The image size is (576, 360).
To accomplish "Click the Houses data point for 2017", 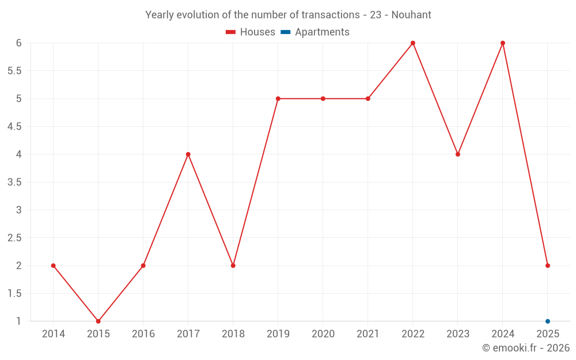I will point(188,154).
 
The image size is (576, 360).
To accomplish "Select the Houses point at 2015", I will point(98,321).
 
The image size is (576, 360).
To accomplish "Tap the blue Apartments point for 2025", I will point(548,321).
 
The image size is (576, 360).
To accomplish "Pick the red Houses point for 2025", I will point(548,266).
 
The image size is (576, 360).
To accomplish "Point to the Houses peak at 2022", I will point(413,43).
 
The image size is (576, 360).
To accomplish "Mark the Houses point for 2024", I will point(503,43).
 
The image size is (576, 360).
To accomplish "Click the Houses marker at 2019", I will point(278,98).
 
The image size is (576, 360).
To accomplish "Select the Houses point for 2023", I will point(458,154).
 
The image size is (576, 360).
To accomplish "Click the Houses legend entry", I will point(251,32).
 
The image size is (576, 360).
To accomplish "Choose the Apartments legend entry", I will point(315,32).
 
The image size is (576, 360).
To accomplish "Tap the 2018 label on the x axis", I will point(233,334).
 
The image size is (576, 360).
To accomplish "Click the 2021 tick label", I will point(367,334).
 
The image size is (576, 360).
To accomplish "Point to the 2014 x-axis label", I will point(53,334).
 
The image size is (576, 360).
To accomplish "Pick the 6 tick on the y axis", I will point(18,43).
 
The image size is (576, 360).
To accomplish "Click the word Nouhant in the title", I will point(411,15).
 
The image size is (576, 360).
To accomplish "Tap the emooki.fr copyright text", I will point(526,348).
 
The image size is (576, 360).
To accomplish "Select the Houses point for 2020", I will point(323,98).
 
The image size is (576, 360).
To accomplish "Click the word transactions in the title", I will point(332,15).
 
